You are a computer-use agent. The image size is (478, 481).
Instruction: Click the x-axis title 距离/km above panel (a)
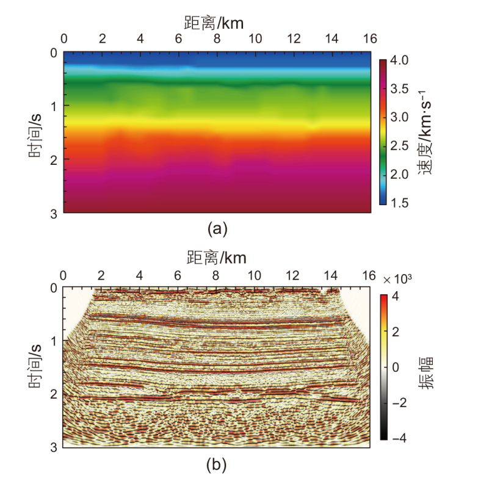[217, 22]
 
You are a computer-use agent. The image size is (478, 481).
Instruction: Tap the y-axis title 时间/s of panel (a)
[36, 132]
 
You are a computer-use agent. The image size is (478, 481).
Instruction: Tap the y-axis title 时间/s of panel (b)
[36, 366]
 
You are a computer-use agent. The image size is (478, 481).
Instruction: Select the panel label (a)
[217, 229]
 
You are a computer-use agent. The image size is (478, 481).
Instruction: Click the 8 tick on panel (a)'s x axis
[217, 38]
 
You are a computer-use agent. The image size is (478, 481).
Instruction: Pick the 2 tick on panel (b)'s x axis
[101, 273]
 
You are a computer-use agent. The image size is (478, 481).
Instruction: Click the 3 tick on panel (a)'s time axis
[54, 213]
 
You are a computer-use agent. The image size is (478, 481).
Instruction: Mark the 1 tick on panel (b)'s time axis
[54, 341]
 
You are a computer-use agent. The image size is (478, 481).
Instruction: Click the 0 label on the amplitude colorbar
[397, 368]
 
